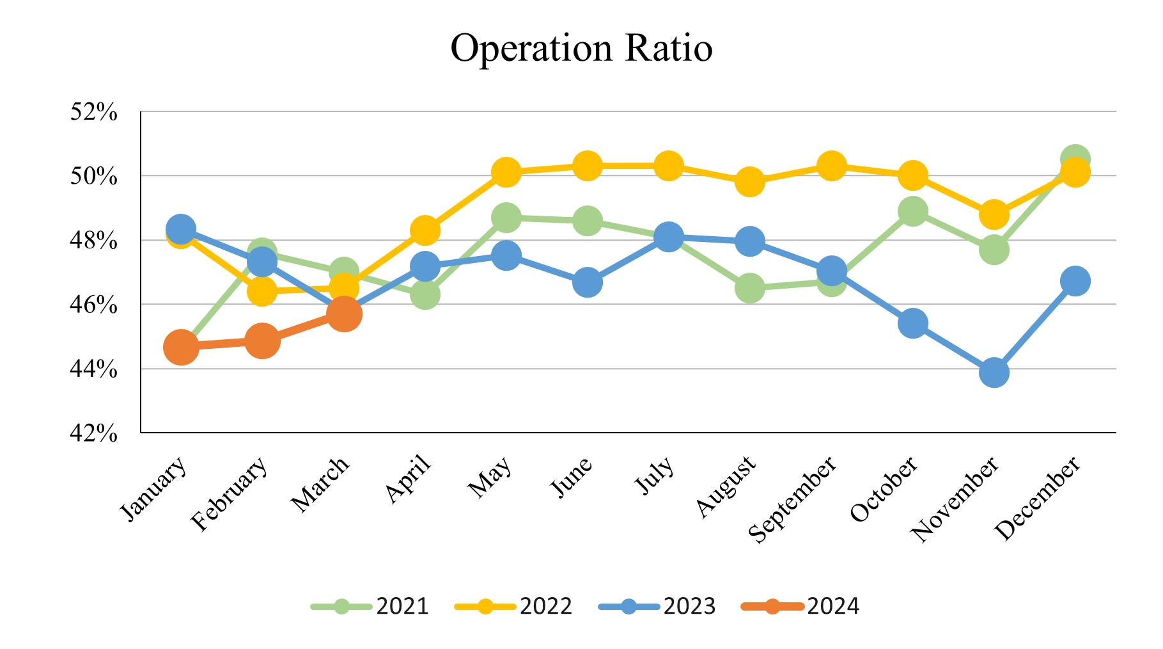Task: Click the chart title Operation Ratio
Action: pos(581,49)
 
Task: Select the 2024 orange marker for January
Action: pos(181,348)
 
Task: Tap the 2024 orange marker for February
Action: pos(262,341)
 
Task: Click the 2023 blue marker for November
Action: pos(994,372)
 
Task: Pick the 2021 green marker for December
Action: pos(1075,159)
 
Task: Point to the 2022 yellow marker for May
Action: pos(506,172)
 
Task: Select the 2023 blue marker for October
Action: pos(912,323)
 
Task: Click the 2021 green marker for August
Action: pos(750,288)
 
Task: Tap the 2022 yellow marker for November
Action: pos(994,214)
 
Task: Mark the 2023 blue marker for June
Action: pos(588,282)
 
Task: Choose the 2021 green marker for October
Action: pos(912,211)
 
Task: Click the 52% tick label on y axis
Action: pos(93,113)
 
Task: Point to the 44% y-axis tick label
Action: pos(93,370)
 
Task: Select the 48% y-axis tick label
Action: pos(93,241)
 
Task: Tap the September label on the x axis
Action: pos(793,499)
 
